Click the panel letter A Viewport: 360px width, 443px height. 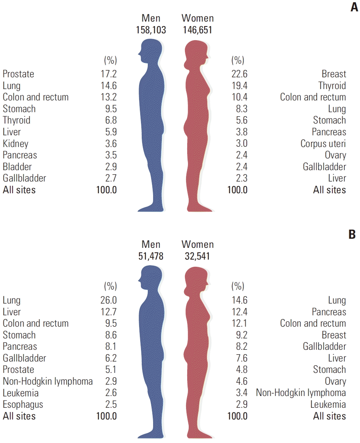(354, 8)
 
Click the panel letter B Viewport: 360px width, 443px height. (352, 235)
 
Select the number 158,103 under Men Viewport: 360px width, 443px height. (151, 30)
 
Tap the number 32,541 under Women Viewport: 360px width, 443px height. (197, 257)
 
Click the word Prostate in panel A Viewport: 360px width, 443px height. (18, 74)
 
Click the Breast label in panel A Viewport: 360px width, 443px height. (334, 74)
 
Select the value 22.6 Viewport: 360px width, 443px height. (239, 74)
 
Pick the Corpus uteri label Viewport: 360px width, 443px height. (323, 144)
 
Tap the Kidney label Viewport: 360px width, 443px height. (16, 144)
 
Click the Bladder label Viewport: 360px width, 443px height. (17, 167)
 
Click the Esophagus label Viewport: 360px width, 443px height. (23, 404)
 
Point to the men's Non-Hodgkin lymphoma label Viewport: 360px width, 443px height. (48, 381)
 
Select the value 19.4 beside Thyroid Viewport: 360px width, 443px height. (239, 86)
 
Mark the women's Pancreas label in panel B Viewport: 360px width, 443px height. (329, 312)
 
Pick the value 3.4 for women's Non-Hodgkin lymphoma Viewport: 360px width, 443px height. (239, 393)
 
